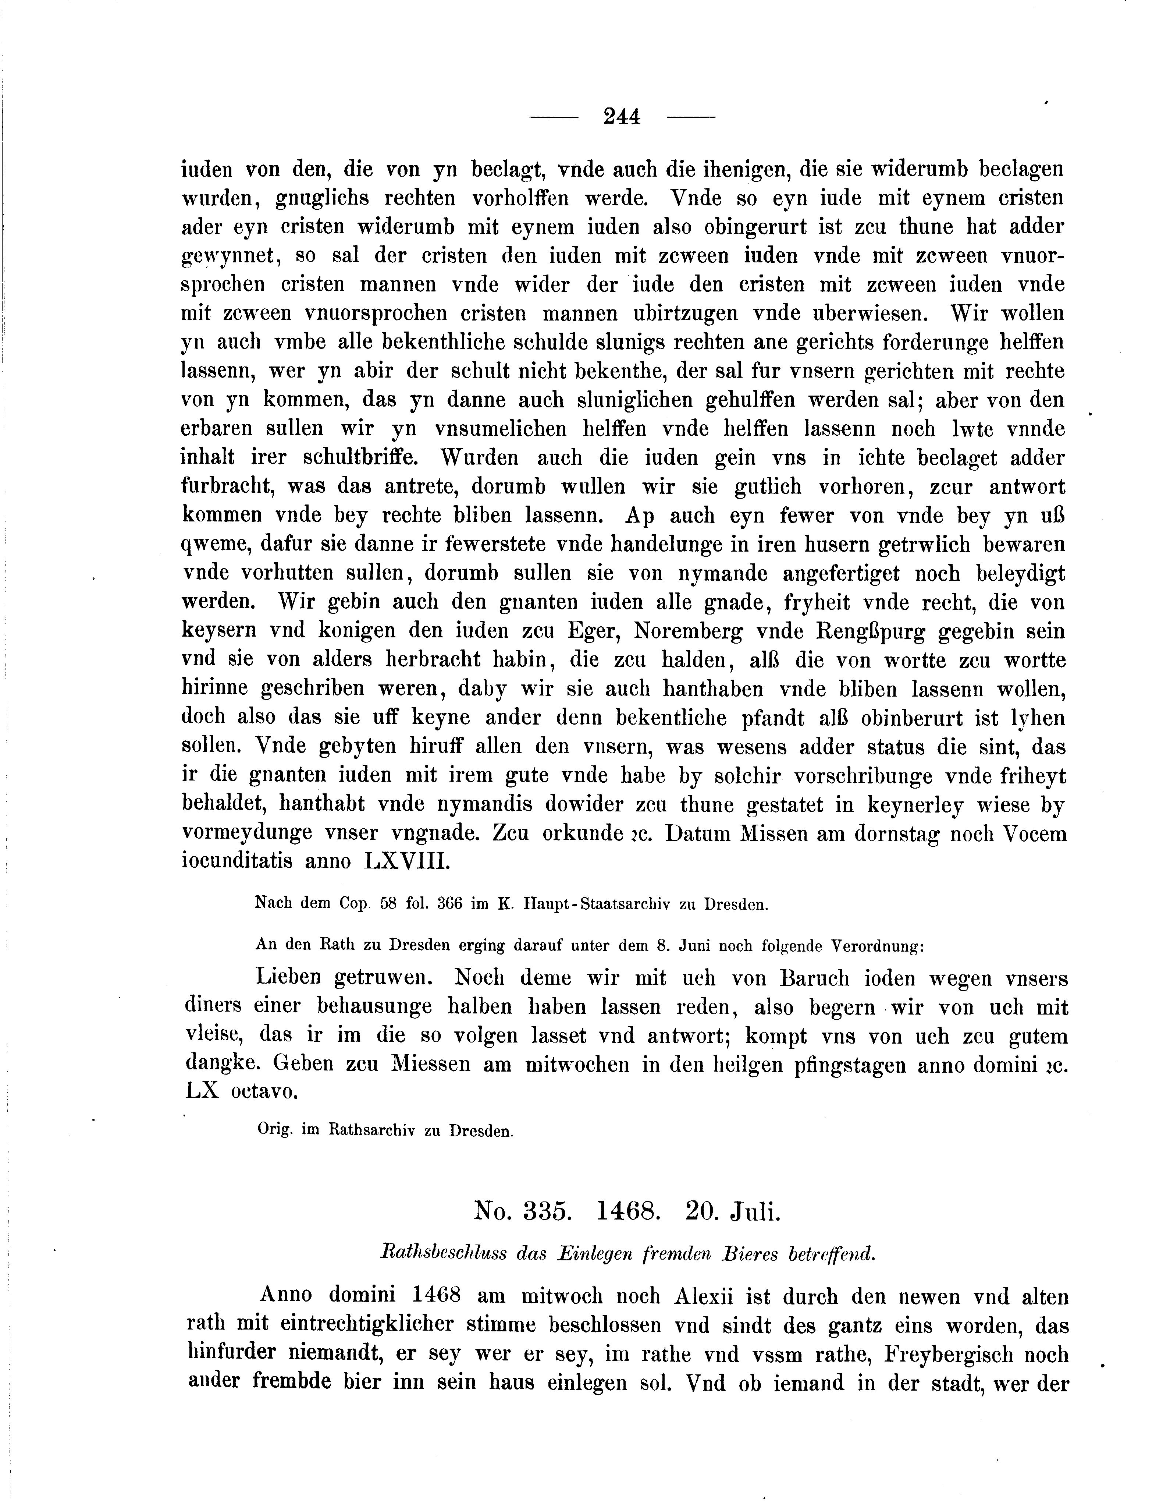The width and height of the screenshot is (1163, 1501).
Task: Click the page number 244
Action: coord(622,117)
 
